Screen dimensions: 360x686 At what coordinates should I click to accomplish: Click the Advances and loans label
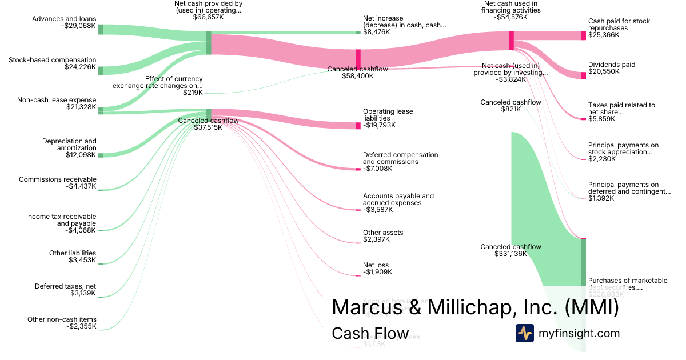pyautogui.click(x=64, y=19)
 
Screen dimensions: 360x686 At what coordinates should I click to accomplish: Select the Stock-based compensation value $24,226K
pyautogui.click(x=80, y=67)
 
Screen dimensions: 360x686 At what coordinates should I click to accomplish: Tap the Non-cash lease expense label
pyautogui.click(x=57, y=100)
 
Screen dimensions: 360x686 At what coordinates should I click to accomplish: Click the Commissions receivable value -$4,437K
pyautogui.click(x=81, y=186)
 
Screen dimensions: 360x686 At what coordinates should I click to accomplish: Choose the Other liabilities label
pyautogui.click(x=73, y=253)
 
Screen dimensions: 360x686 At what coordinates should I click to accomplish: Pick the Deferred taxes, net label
pyautogui.click(x=65, y=286)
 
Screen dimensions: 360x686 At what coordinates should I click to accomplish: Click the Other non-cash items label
pyautogui.click(x=62, y=319)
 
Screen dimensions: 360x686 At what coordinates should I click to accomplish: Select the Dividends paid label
pyautogui.click(x=612, y=65)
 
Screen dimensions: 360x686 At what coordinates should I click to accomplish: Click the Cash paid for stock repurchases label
pyautogui.click(x=619, y=25)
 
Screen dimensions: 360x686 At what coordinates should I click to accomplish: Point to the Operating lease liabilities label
pyautogui.click(x=388, y=115)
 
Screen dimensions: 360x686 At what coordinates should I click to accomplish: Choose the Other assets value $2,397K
pyautogui.click(x=376, y=239)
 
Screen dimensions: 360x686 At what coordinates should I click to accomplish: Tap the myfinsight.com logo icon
pyautogui.click(x=524, y=333)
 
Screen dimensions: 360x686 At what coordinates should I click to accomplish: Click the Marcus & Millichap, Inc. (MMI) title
pyautogui.click(x=475, y=307)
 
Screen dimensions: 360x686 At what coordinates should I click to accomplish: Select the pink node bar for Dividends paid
pyautogui.click(x=583, y=75)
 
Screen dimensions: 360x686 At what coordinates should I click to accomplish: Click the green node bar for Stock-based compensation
pyautogui.click(x=101, y=70)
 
